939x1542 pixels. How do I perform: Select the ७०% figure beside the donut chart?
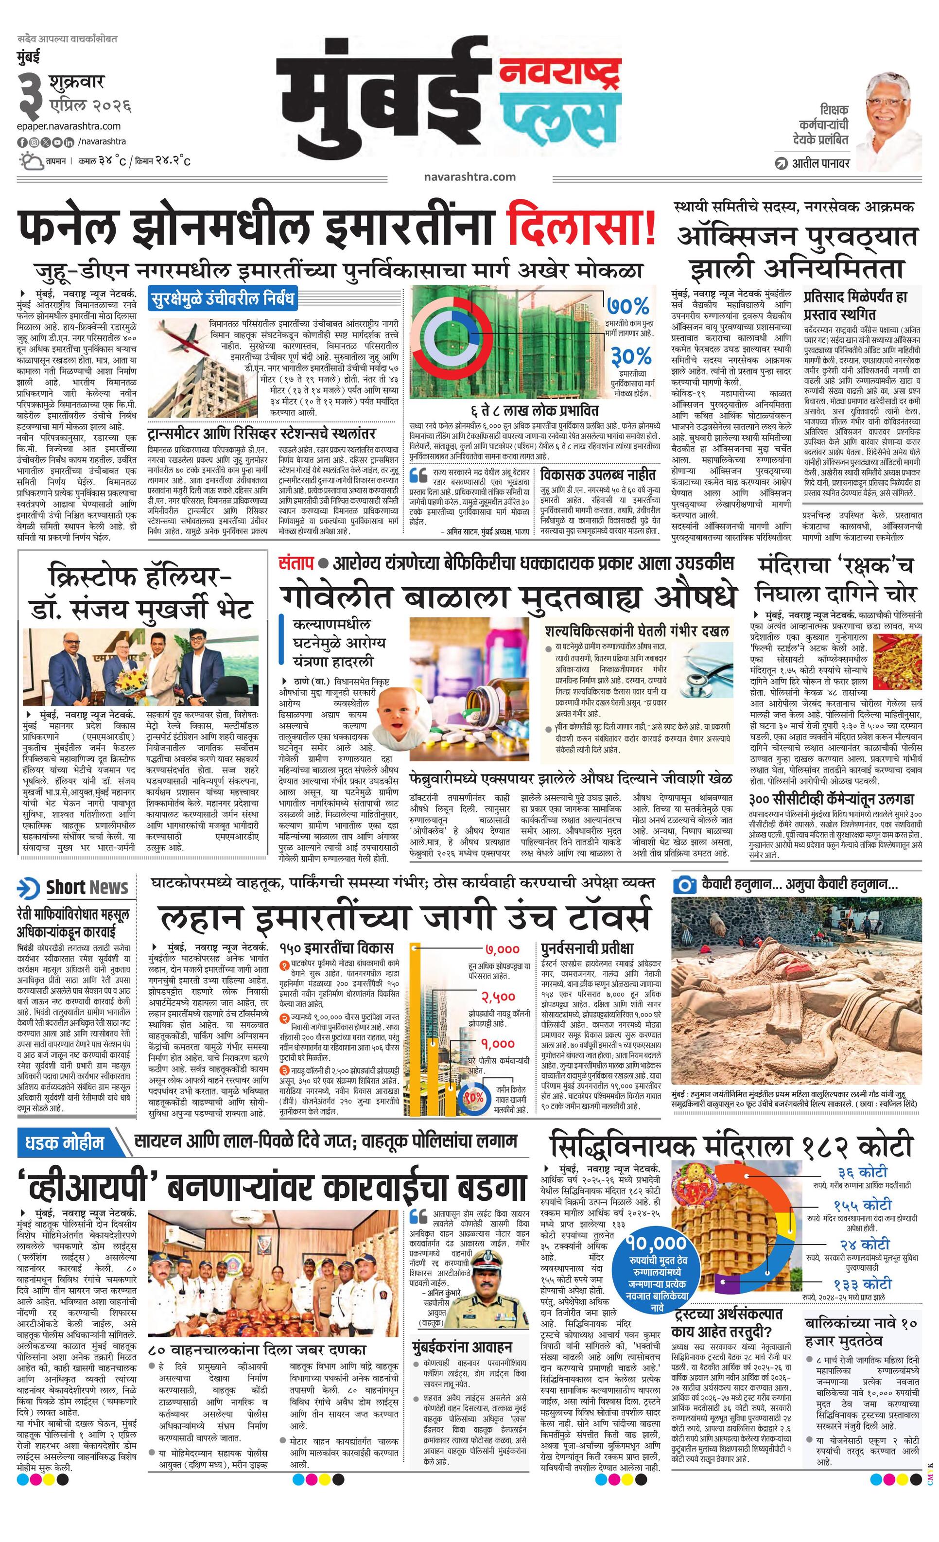627,307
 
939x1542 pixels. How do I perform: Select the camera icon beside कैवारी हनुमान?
684,885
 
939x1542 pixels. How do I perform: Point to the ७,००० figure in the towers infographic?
502,950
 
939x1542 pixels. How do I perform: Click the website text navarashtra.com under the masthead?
469,176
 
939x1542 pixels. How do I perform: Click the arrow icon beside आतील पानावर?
780,164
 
